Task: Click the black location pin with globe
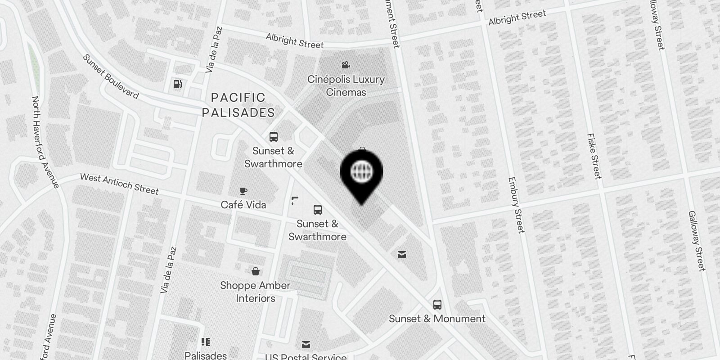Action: [x=361, y=174]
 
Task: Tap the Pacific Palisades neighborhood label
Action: [x=238, y=105]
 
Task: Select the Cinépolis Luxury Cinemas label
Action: [x=346, y=85]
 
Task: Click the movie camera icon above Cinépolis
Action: [x=346, y=65]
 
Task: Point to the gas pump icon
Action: [x=178, y=84]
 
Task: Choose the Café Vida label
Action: [x=243, y=205]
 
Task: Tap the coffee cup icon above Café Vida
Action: [x=243, y=190]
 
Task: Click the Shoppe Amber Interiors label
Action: [x=255, y=292]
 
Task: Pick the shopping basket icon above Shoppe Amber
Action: [x=256, y=271]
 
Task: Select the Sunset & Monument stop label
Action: [x=437, y=319]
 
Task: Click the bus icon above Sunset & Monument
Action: [x=437, y=304]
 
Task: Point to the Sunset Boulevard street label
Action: [x=111, y=76]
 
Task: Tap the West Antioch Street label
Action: [x=119, y=184]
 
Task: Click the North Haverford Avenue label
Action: [x=45, y=142]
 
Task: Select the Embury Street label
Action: [x=516, y=205]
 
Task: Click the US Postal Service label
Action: [x=306, y=357]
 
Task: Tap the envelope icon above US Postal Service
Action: [x=306, y=345]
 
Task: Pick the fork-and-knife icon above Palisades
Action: [x=206, y=342]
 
